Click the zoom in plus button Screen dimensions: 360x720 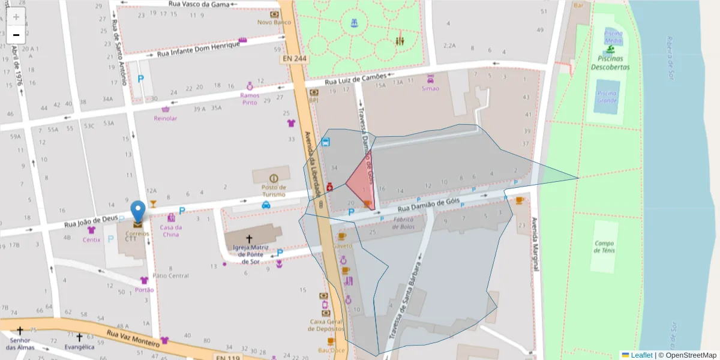click(16, 16)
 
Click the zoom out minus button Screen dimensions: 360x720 click(16, 35)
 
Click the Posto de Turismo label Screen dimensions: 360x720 click(274, 190)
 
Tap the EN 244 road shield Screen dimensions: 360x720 click(292, 60)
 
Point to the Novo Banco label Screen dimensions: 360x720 click(274, 22)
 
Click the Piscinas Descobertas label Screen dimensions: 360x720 click(610, 63)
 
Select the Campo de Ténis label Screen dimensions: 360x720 click(605, 247)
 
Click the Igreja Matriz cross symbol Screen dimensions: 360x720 click(249, 239)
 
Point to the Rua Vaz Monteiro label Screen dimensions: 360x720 click(133, 336)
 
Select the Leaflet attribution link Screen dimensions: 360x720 click(641, 355)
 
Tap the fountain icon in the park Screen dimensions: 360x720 click(354, 23)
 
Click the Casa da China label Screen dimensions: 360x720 click(171, 230)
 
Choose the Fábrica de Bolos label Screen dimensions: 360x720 click(404, 223)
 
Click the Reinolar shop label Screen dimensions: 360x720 click(166, 118)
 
